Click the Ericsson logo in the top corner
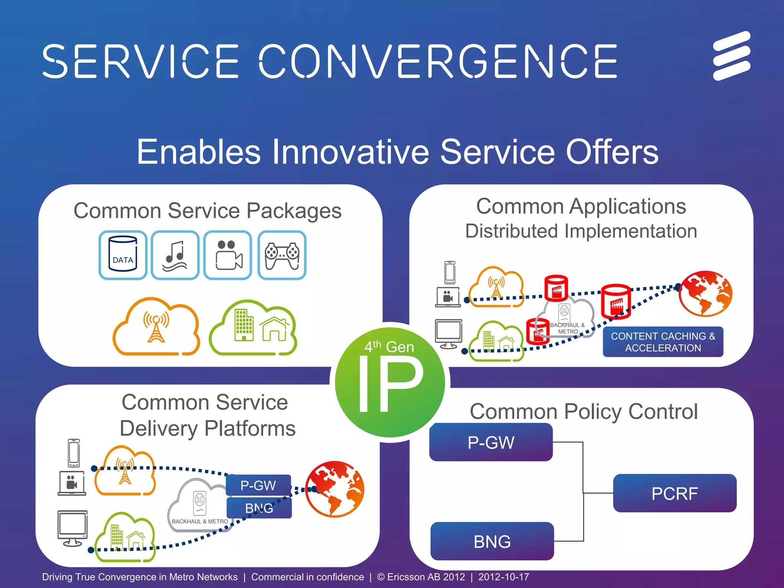[732, 56]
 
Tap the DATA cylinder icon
[123, 255]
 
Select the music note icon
[175, 255]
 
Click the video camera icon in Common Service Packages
[228, 255]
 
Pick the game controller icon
[282, 255]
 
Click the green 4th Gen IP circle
[390, 382]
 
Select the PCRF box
[675, 493]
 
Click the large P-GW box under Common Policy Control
[491, 442]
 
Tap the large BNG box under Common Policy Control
[492, 541]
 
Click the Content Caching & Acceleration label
[663, 342]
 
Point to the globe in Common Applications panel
[705, 293]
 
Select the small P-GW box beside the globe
[258, 485]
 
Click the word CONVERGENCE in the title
[438, 61]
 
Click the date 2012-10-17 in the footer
[503, 577]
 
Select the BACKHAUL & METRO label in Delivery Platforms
[200, 521]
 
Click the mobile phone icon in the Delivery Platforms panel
[74, 453]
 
